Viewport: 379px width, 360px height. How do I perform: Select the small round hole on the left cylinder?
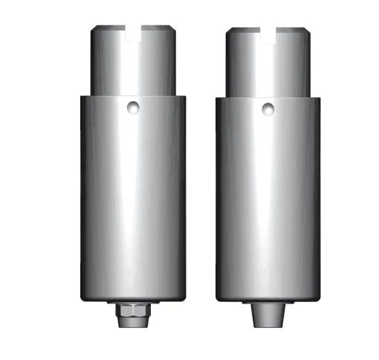tap(132, 108)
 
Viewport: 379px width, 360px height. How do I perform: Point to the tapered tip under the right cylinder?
tap(268, 316)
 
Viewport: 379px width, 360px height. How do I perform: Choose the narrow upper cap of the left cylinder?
tap(133, 67)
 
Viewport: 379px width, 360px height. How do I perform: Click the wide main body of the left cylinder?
tap(132, 201)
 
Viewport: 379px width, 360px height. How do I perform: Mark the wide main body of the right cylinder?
tap(268, 201)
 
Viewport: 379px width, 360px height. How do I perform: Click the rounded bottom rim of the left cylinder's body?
tap(132, 298)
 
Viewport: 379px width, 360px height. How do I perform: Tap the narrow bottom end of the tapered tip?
tap(268, 327)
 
